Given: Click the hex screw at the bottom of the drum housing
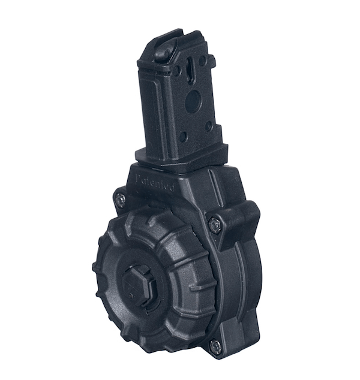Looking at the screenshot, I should coord(214,346).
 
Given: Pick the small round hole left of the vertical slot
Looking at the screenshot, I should coord(176,71).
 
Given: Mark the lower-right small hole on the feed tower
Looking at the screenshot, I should coord(208,126).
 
